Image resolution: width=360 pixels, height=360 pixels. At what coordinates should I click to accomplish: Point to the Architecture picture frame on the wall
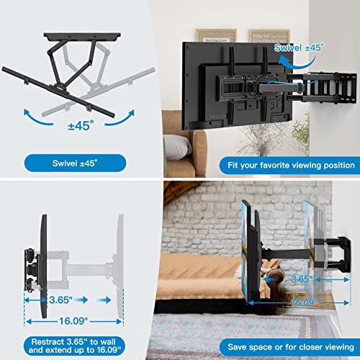click(x=216, y=40)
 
